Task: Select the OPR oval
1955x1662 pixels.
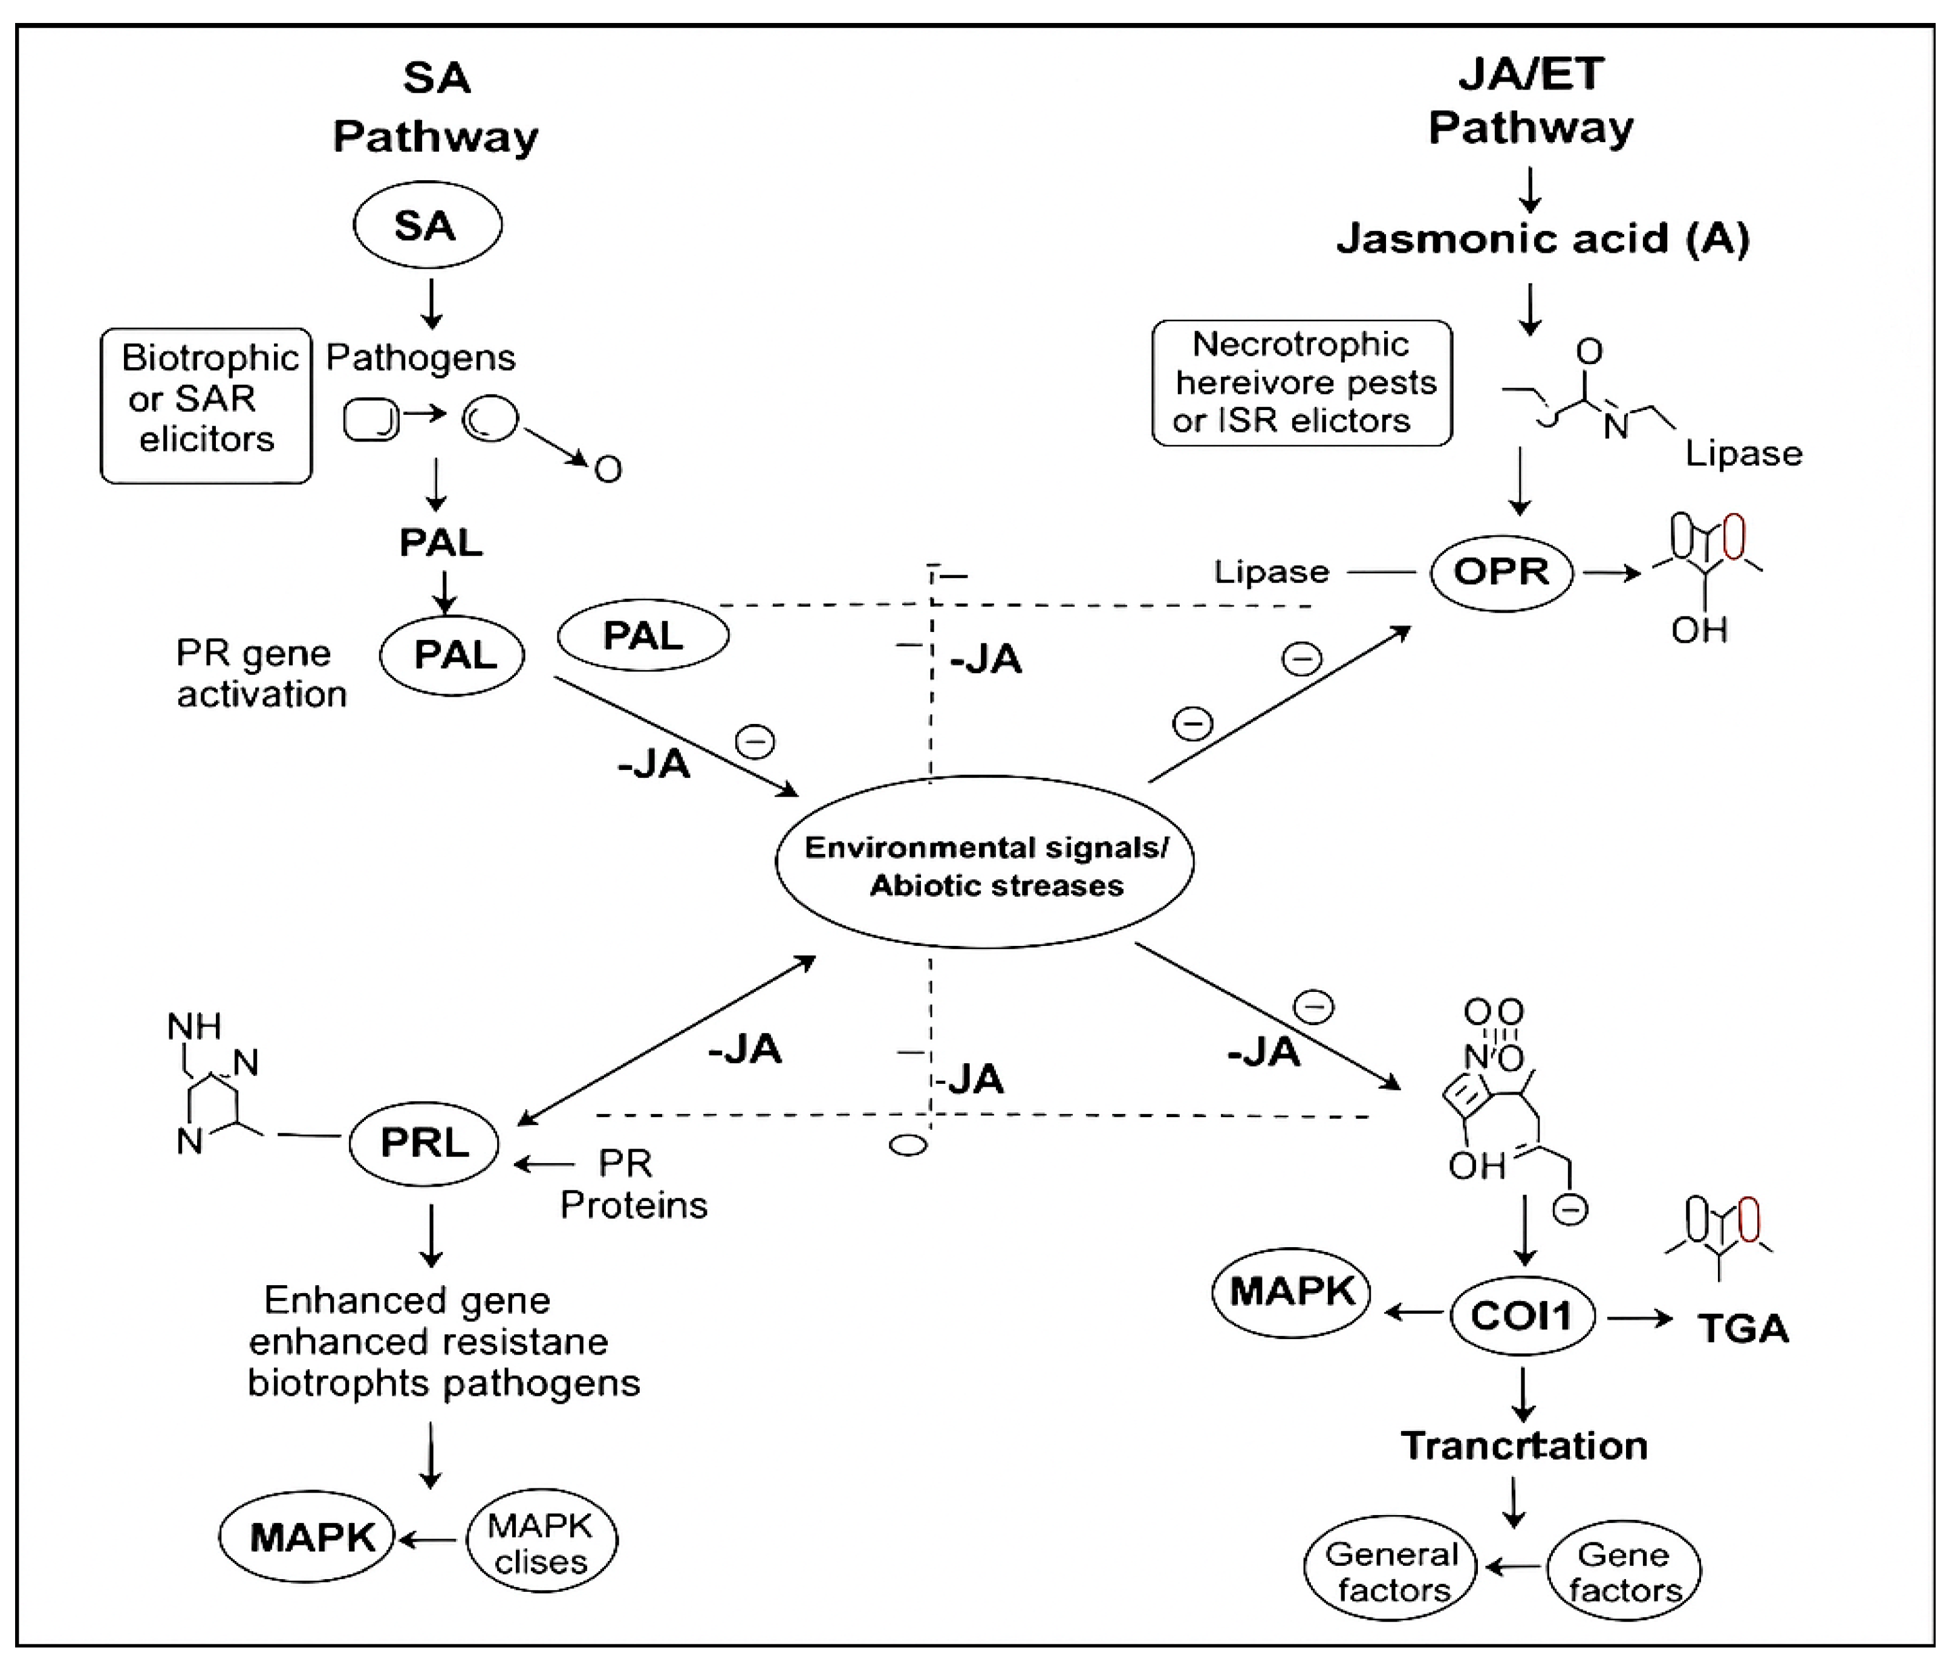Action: pyautogui.click(x=1501, y=572)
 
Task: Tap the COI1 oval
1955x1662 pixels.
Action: pyautogui.click(x=1521, y=1315)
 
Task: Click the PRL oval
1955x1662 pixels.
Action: pyautogui.click(x=424, y=1143)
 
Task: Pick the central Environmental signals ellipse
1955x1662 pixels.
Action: pyautogui.click(x=984, y=862)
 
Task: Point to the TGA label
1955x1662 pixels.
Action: pyautogui.click(x=1742, y=1329)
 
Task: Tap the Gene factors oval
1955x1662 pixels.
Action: pyautogui.click(x=1624, y=1571)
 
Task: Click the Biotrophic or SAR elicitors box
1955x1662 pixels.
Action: pyautogui.click(x=206, y=405)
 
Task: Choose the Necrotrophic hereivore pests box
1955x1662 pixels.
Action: pyautogui.click(x=1301, y=382)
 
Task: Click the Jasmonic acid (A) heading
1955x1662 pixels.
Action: pyautogui.click(x=1543, y=238)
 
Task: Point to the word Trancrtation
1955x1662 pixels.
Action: pyautogui.click(x=1523, y=1445)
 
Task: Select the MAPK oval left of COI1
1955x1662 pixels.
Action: pyautogui.click(x=1291, y=1292)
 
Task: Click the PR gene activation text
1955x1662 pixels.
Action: pyautogui.click(x=261, y=674)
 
